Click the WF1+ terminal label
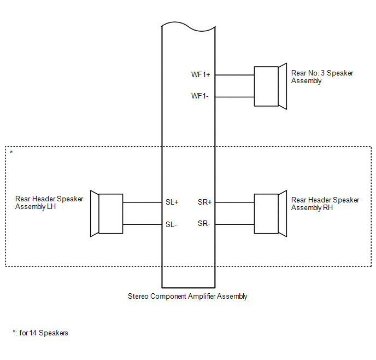point(201,75)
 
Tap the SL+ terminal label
point(172,202)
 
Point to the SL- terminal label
point(172,224)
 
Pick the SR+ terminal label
point(205,202)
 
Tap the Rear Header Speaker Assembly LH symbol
point(107,213)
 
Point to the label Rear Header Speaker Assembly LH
point(49,203)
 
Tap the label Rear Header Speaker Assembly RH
point(325,204)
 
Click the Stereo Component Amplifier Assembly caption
point(187,297)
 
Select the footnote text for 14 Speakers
point(40,333)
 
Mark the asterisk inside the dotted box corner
point(11,152)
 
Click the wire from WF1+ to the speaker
point(235,75)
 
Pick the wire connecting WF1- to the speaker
point(235,97)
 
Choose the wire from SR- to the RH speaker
point(235,224)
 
